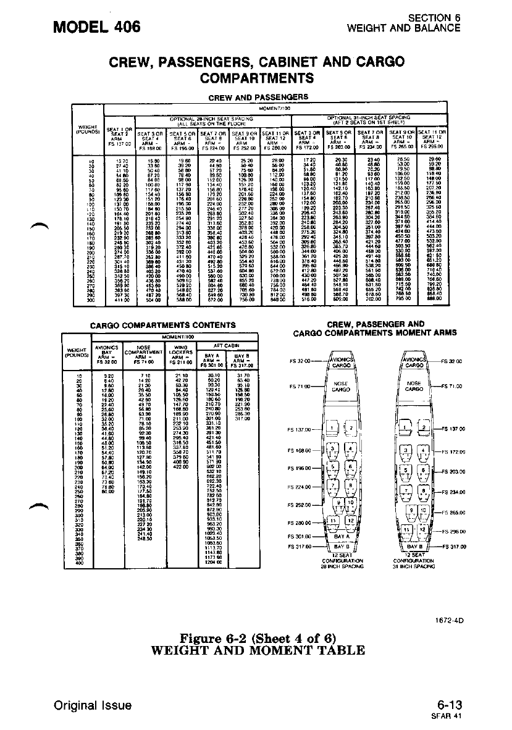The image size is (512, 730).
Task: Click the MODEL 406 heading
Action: click(97, 27)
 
